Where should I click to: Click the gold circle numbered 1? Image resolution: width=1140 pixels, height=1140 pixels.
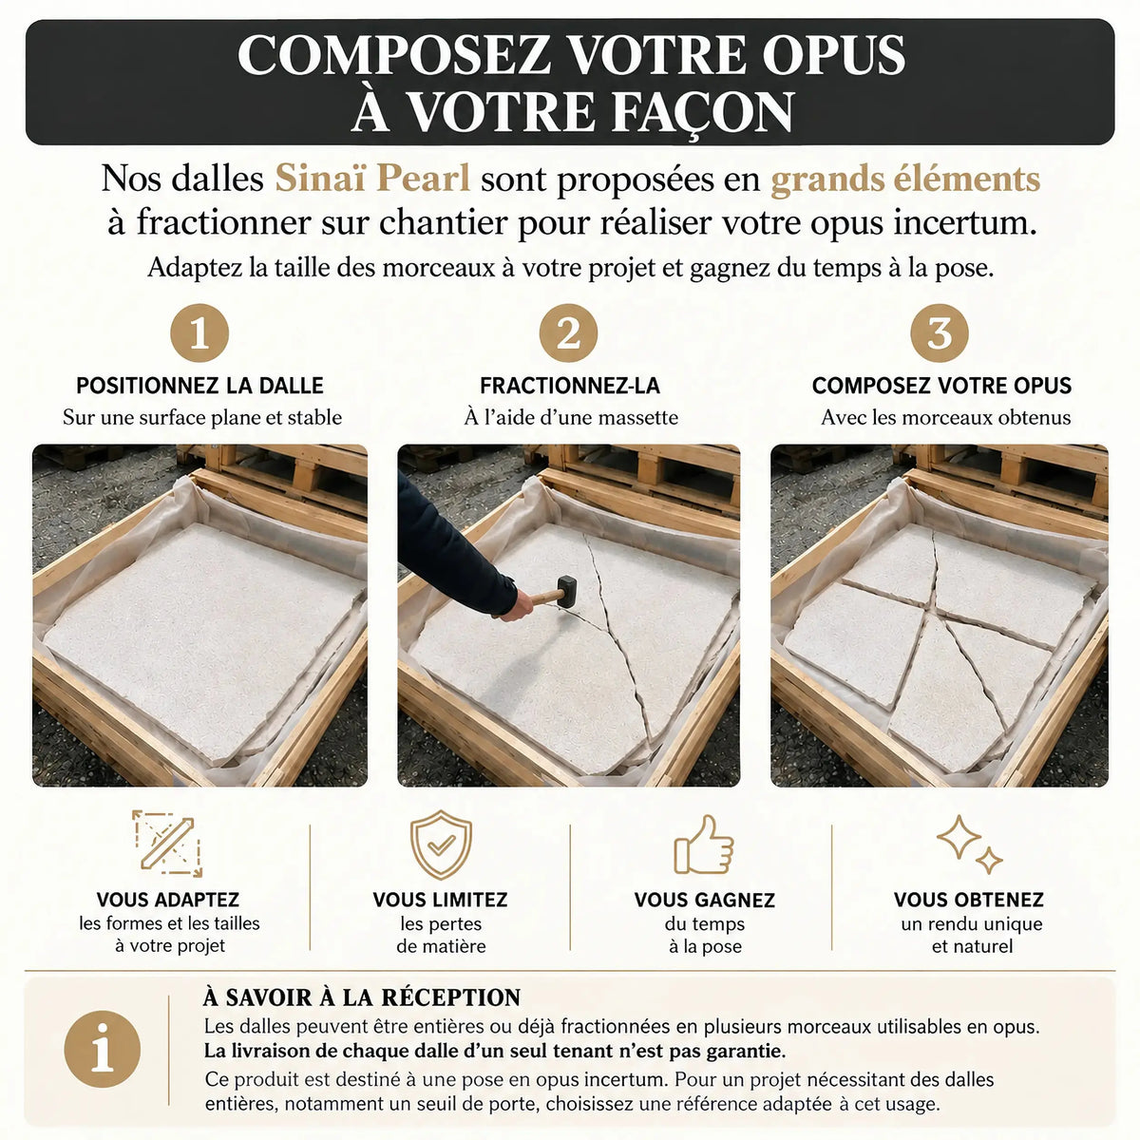point(199,333)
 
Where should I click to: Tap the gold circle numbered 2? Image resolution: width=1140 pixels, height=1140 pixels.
point(568,333)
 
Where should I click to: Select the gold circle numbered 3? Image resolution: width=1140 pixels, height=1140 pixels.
point(940,333)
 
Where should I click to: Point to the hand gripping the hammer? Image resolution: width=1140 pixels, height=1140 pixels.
point(516,604)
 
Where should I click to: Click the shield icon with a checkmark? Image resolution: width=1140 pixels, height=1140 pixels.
point(441,845)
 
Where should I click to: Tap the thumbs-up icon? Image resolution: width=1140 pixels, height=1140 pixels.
point(703,845)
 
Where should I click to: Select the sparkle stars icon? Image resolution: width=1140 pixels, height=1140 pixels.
point(969,845)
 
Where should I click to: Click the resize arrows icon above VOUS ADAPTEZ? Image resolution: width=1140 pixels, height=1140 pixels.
point(167,844)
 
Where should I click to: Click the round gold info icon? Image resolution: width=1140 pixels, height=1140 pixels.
point(103,1049)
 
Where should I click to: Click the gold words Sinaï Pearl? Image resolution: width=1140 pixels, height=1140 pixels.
point(372,178)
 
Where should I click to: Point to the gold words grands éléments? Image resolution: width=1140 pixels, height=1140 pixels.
point(905,180)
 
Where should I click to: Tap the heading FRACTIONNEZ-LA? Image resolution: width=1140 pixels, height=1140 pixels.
point(569,386)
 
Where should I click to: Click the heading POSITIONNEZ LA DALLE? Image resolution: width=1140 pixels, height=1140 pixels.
point(199,386)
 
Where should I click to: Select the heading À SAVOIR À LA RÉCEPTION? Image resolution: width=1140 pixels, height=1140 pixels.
point(361,997)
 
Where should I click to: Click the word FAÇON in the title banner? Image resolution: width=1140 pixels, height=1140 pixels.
point(702,112)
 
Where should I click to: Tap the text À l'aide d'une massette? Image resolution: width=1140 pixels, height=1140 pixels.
point(571,418)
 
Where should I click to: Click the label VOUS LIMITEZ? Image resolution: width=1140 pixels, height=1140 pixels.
point(440,900)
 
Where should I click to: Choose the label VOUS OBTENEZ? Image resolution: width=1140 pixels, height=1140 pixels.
point(968,900)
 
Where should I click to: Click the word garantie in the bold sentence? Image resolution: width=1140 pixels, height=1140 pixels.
point(743,1052)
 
